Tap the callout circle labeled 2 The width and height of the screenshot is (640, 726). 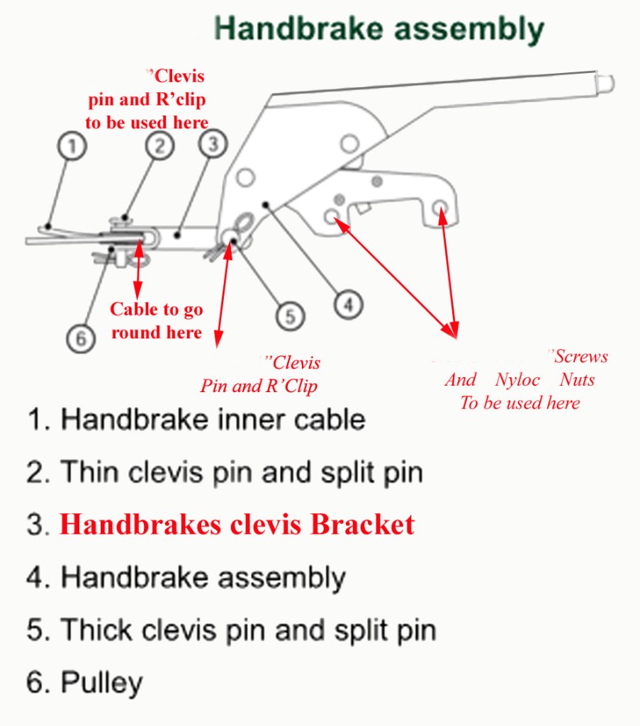pos(160,145)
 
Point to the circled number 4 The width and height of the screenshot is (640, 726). pos(347,305)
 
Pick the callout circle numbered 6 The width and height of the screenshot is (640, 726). pos(82,339)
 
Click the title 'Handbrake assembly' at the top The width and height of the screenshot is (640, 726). pos(378,30)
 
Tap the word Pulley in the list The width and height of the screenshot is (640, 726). pos(101,683)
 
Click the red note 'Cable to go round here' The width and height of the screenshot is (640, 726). pos(157,320)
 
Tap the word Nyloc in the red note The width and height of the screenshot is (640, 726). pos(517,380)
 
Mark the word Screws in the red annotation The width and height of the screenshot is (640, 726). pos(580,357)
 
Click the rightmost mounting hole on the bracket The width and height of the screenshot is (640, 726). pos(439,208)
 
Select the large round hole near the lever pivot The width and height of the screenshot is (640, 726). pos(349,145)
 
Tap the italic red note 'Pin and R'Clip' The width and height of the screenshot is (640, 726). pos(259,387)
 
